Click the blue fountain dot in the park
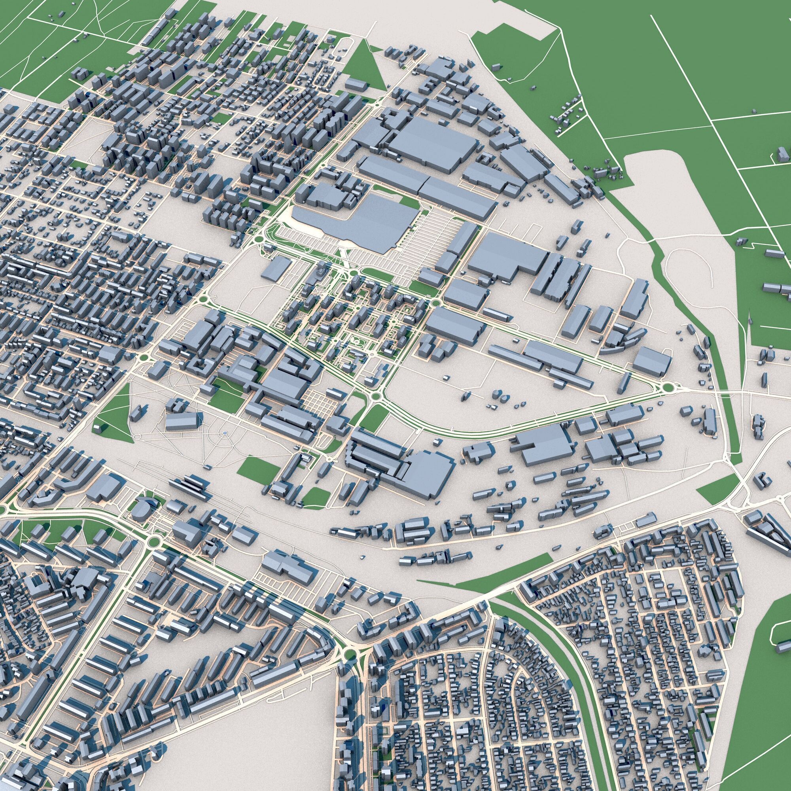(224, 433)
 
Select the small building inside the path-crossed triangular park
(97, 427)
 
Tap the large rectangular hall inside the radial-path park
(182, 421)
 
